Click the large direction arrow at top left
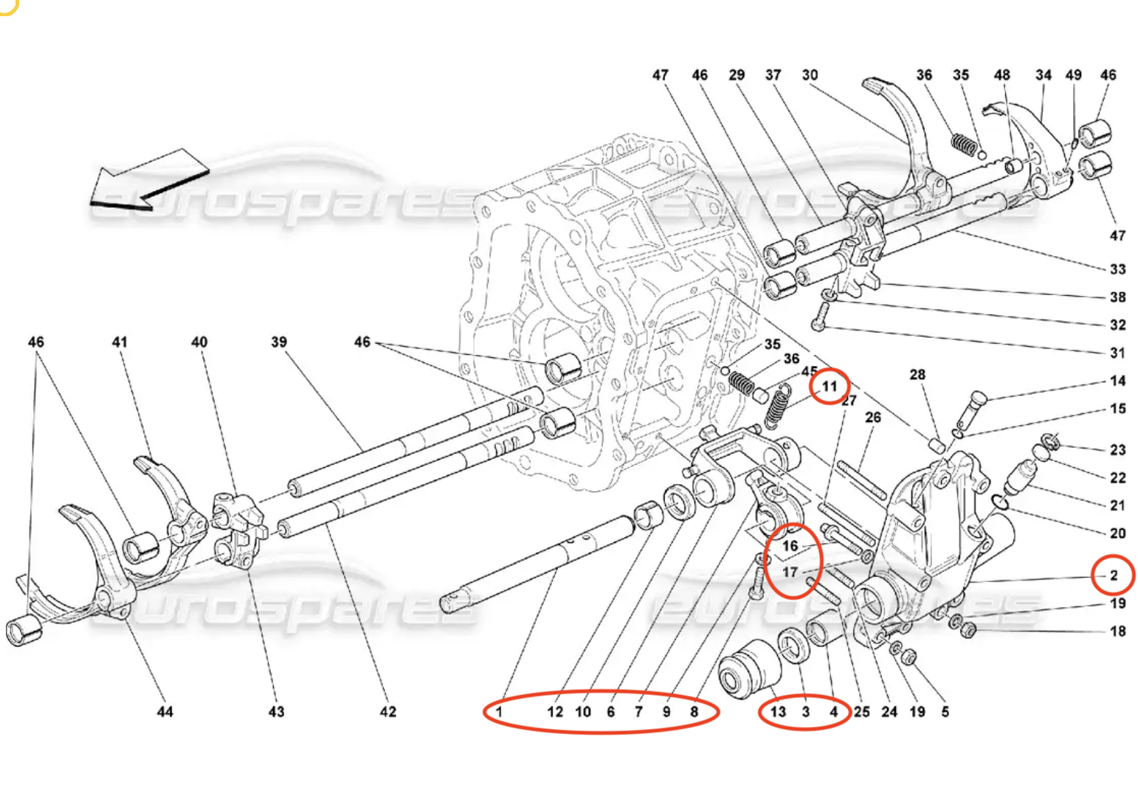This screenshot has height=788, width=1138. click(x=148, y=180)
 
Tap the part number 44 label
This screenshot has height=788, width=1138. click(x=165, y=711)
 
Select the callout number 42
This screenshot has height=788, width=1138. click(x=388, y=711)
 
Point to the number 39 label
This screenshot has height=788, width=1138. click(x=279, y=342)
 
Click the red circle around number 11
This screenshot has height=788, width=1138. click(x=830, y=386)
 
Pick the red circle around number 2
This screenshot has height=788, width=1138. click(x=1114, y=575)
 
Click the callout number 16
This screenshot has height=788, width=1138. click(x=790, y=546)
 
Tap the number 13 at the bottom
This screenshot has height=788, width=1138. click(x=778, y=711)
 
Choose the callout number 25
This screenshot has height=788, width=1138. click(x=861, y=711)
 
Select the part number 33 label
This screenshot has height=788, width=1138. click(x=1117, y=269)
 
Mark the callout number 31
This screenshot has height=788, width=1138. click(x=1117, y=353)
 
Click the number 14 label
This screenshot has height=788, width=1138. click(x=1117, y=381)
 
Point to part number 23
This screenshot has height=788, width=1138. click(x=1117, y=449)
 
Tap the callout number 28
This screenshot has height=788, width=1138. click(x=917, y=374)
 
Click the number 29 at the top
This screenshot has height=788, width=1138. click(x=737, y=75)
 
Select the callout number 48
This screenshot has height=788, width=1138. click(x=1001, y=75)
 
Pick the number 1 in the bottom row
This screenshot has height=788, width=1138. click(x=500, y=711)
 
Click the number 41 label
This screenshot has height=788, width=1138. click(x=120, y=342)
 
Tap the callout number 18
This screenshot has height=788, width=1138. click(x=1117, y=631)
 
